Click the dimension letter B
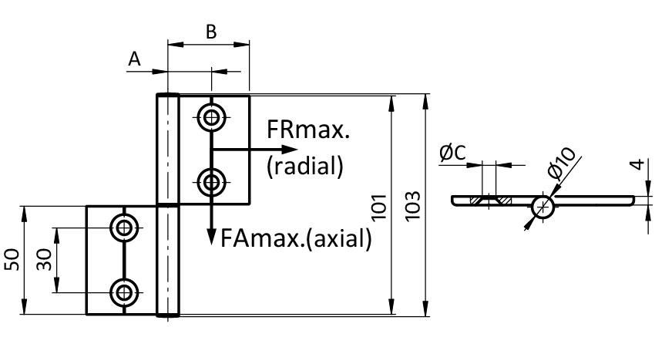(210, 32)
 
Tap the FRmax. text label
(308, 132)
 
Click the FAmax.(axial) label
(296, 238)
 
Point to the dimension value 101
(378, 207)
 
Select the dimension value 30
(43, 260)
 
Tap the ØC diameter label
(453, 153)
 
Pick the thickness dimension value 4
(633, 165)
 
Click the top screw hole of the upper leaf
(210, 118)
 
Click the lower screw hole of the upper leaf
(210, 184)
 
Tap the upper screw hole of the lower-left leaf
(123, 228)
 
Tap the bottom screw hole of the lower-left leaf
(123, 292)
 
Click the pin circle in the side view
(542, 206)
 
